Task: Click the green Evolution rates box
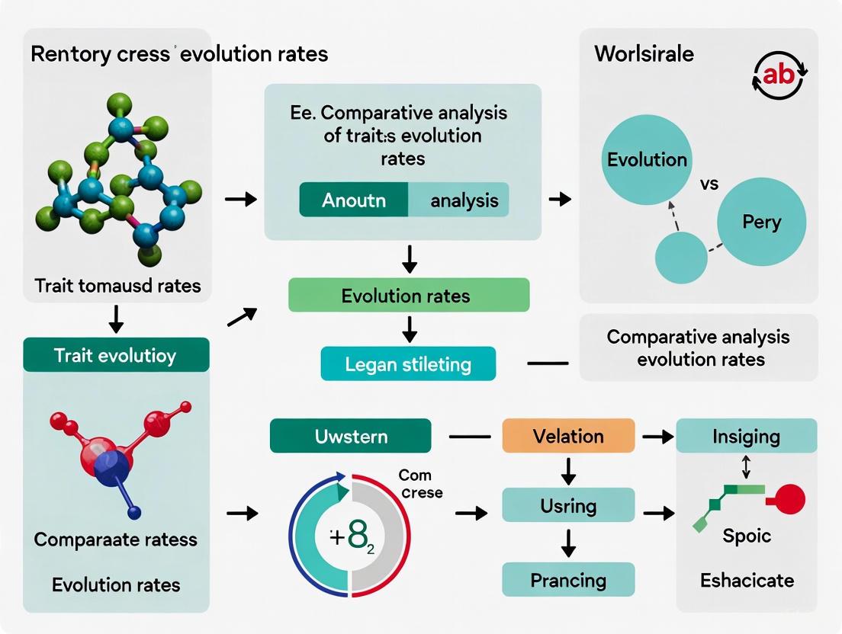(408, 295)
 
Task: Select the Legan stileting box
(408, 363)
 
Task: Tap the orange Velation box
(568, 437)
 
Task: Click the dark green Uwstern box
(351, 437)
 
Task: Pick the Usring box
(568, 505)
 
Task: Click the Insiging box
(746, 437)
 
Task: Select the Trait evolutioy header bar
(116, 355)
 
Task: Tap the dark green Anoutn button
(354, 200)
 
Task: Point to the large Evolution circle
(647, 160)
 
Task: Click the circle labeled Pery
(761, 223)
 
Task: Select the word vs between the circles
(709, 185)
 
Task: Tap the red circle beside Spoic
(788, 501)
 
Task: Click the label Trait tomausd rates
(117, 286)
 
